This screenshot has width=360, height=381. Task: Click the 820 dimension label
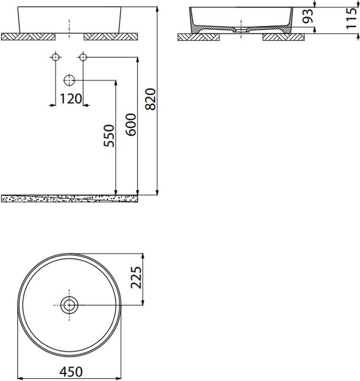coord(150,99)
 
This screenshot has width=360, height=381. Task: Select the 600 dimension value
coord(131,124)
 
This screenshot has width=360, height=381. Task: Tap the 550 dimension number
coord(109,136)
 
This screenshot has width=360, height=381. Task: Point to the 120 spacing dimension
coord(71,99)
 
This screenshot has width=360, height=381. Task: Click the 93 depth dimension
coord(307,16)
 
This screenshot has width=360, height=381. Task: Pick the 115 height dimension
coord(352,18)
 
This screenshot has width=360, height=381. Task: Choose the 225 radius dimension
coord(136,278)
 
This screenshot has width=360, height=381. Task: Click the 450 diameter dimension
coord(71,372)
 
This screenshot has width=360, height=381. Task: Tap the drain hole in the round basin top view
coord(69,305)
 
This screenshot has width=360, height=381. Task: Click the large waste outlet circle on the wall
coord(69,80)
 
